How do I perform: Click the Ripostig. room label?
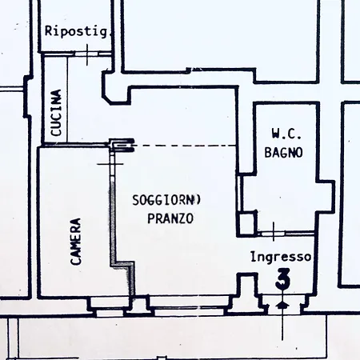coord(78,31)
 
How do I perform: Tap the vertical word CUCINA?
coord(56,113)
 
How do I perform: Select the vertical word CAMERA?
coord(76,242)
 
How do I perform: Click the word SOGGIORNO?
coord(166,200)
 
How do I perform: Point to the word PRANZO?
coord(170,218)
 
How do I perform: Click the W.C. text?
coord(286,134)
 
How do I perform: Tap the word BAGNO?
coord(283,153)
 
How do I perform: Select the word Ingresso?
coord(281,257)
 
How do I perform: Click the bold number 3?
coord(282,279)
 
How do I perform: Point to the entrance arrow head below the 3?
coord(282,305)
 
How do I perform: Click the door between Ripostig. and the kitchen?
coord(87,54)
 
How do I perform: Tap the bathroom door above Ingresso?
coord(274,234)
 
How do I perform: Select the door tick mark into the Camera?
coord(110,164)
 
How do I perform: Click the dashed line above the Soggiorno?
coord(185,146)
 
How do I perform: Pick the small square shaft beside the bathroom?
coord(247,223)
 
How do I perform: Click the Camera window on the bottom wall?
coord(110,307)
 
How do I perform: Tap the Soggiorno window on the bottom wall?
coord(190,306)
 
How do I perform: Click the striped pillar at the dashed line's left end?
coord(122,146)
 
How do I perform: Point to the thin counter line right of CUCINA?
coord(67,99)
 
